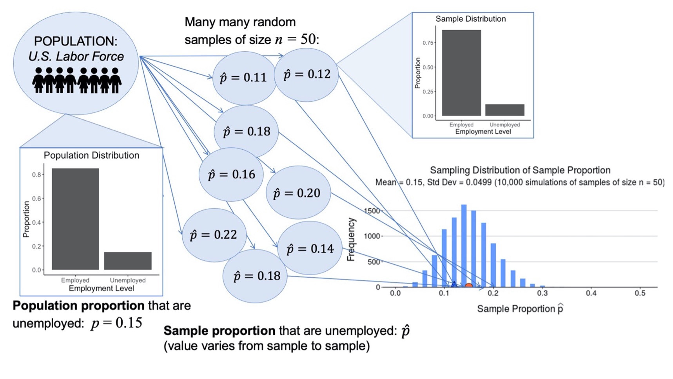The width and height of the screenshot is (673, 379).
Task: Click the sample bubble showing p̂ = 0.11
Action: pyautogui.click(x=244, y=78)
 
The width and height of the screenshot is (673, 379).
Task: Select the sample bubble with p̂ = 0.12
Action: pyautogui.click(x=307, y=74)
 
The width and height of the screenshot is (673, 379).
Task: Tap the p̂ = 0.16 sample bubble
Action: pyautogui.click(x=231, y=174)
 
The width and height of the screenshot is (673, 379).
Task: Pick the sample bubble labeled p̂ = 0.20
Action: pyautogui.click(x=298, y=193)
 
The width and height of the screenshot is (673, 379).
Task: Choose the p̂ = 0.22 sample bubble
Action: pyautogui.click(x=214, y=235)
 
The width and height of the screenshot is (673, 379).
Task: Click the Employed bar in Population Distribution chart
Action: pyautogui.click(x=75, y=219)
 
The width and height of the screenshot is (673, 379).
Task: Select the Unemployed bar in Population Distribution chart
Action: pyautogui.click(x=128, y=261)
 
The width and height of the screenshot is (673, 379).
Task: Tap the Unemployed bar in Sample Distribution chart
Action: pyautogui.click(x=504, y=110)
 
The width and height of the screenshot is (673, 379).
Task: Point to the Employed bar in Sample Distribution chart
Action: pyautogui.click(x=461, y=73)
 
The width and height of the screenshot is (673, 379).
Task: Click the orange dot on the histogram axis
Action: pyautogui.click(x=468, y=286)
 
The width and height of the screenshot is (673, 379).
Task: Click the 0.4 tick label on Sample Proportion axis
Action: pyautogui.click(x=591, y=293)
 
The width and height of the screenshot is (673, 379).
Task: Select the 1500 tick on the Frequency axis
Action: pyautogui.click(x=372, y=211)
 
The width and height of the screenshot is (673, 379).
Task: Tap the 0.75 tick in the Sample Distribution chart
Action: pyautogui.click(x=428, y=43)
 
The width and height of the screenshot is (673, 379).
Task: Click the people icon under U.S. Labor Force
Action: pyautogui.click(x=77, y=80)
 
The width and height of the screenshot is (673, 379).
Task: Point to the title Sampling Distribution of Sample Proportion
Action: pyautogui.click(x=520, y=170)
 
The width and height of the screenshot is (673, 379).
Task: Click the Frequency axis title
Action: pyautogui.click(x=351, y=239)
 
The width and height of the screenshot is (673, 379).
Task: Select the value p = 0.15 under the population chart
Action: pyautogui.click(x=116, y=323)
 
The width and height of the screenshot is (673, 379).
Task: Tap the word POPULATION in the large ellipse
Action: pyautogui.click(x=76, y=41)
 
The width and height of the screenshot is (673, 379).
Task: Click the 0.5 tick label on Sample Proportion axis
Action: pyautogui.click(x=640, y=293)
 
